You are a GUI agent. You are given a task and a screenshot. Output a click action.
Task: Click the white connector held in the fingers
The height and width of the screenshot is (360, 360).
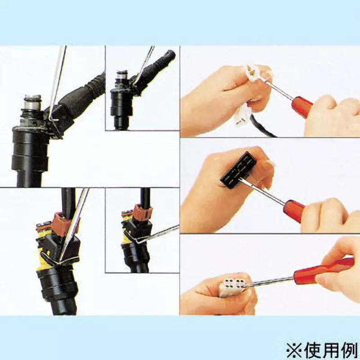point(254,73)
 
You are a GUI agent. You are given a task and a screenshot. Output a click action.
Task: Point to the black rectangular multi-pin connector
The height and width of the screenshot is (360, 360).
point(239,170)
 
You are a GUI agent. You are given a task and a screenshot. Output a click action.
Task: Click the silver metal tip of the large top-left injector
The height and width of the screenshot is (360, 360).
point(33,103)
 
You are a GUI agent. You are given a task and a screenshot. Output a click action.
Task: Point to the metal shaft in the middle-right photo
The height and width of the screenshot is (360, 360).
point(268,193)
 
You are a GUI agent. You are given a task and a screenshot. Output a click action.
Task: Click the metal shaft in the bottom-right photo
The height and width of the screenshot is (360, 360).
point(271,281)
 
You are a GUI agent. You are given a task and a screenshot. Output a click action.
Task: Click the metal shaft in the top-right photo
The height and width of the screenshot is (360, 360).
point(279,90)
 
